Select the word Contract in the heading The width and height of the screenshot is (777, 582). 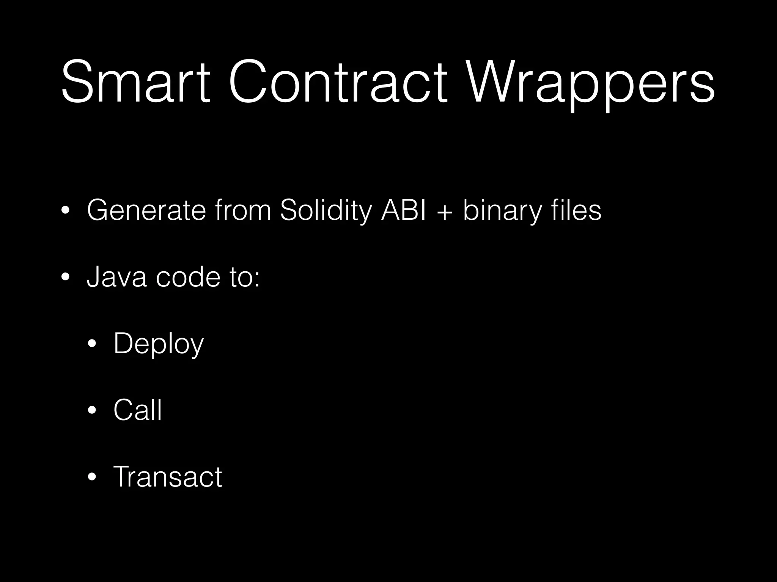[x=338, y=81]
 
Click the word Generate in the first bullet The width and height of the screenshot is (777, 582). [x=146, y=210]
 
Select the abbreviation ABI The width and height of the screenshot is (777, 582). [x=404, y=210]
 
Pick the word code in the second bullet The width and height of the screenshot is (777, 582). [x=188, y=277]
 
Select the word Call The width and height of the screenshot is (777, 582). [x=138, y=410]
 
